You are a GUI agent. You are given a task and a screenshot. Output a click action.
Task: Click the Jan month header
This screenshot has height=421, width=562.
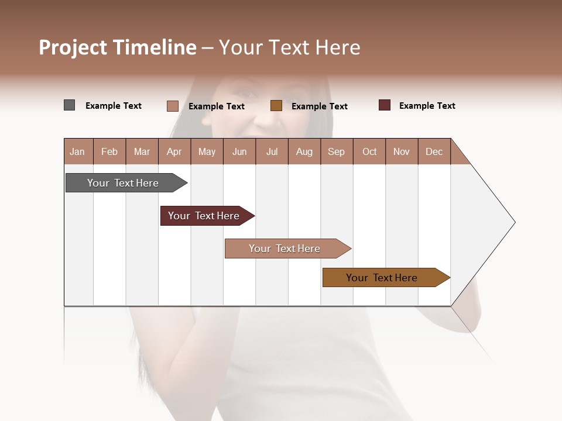point(77,151)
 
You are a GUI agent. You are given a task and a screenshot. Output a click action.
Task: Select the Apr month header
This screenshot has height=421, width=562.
point(174,151)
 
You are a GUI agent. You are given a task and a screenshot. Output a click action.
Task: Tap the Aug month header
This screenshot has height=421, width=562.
point(304,151)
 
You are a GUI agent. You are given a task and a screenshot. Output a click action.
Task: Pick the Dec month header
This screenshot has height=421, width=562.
point(434,151)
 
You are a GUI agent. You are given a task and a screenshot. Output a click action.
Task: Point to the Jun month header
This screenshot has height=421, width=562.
point(239,151)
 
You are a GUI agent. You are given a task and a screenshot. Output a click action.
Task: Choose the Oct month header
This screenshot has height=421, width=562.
point(369,151)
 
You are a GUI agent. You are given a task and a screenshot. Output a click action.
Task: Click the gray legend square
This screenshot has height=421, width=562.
point(69,105)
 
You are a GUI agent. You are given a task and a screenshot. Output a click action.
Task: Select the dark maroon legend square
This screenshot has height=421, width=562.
point(384,105)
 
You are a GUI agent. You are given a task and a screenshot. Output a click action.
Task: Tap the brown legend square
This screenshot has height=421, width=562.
point(276,105)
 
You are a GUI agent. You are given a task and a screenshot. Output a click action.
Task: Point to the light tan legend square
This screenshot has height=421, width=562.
point(172,106)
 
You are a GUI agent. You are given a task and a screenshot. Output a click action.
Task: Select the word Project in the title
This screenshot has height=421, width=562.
point(73,47)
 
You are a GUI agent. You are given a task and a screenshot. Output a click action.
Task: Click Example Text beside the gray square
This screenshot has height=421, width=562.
point(114,105)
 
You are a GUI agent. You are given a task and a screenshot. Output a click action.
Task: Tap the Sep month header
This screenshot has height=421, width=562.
point(336,151)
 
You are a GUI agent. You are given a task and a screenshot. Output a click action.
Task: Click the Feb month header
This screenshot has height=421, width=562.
point(109,151)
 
